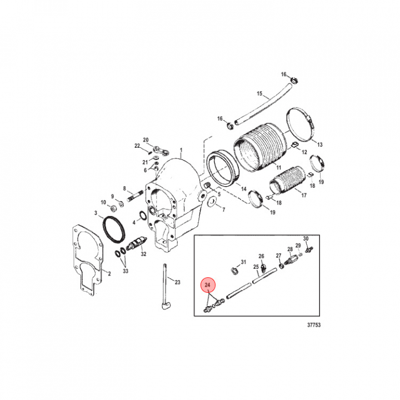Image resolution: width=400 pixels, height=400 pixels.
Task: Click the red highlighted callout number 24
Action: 207,284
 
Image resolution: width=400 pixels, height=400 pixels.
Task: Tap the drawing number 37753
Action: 314,325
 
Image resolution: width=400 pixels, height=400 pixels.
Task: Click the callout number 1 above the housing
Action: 181,149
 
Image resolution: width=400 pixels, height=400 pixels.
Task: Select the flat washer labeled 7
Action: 212,201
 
